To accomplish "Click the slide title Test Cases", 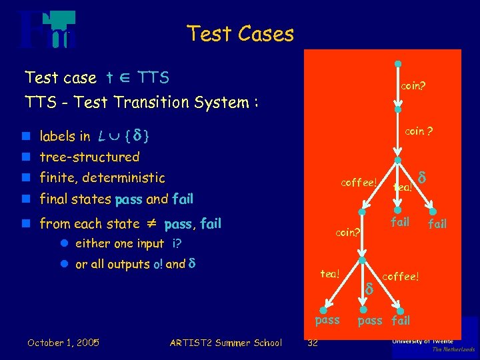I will point(240,33).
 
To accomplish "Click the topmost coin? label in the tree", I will point(414,86).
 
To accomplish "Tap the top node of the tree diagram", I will point(397,65).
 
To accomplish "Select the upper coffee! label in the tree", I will point(359,182).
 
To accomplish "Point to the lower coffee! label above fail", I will point(401,276).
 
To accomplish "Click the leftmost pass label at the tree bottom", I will point(327,320).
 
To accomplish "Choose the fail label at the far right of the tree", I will point(437,224).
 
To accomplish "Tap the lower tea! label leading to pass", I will point(330,273).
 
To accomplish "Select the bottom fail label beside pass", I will point(400,321).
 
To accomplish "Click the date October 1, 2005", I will point(63,343).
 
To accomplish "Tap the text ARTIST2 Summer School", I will point(225,343).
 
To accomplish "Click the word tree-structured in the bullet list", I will point(89,157).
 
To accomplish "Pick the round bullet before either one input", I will point(65,244).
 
